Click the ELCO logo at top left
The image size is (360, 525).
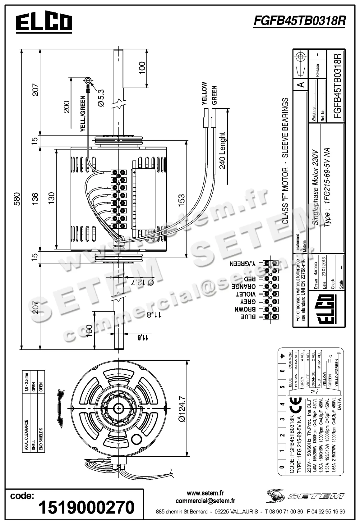pyautogui.click(x=44, y=23)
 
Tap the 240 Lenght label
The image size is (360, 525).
pyautogui.click(x=222, y=150)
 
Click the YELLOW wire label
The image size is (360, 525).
pyautogui.click(x=204, y=93)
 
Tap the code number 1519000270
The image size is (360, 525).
pyautogui.click(x=86, y=507)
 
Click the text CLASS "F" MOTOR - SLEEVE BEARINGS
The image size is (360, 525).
pyautogui.click(x=285, y=161)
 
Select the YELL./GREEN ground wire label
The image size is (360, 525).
pyautogui.click(x=83, y=114)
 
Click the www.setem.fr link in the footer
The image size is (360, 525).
pyautogui.click(x=205, y=493)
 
